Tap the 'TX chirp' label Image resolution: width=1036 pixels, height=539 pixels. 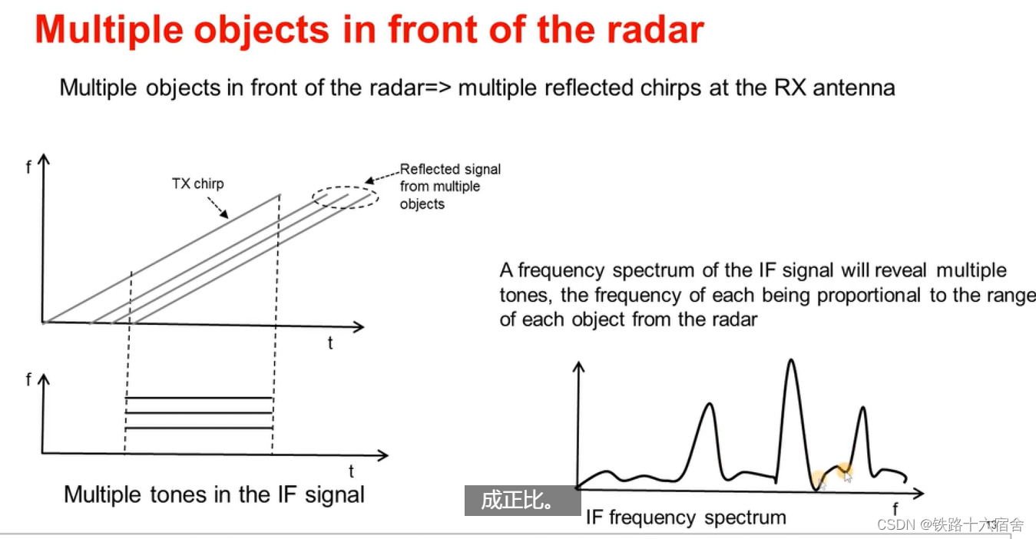pos(197,184)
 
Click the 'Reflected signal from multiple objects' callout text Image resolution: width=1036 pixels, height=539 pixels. pos(450,187)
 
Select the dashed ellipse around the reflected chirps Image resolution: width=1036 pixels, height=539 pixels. pos(346,197)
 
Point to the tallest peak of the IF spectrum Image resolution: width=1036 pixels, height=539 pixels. pos(791,362)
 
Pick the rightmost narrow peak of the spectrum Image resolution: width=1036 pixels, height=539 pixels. pos(863,409)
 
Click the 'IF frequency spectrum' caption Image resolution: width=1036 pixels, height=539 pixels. pos(686,518)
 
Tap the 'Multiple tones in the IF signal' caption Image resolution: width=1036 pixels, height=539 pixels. pos(214,494)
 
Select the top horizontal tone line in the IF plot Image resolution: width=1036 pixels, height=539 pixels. pos(199,398)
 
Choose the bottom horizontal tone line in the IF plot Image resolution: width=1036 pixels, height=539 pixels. pos(199,428)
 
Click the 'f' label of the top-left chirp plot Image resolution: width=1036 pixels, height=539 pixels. pos(29,166)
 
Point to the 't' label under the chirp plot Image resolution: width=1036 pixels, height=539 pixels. pos(330,343)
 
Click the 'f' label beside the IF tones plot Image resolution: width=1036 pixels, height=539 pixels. pos(29,379)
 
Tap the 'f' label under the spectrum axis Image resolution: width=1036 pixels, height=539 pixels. pos(895,508)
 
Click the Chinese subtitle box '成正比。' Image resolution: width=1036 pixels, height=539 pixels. pos(522,501)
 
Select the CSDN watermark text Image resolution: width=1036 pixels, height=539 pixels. pos(950,525)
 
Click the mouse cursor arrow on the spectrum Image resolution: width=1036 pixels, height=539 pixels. pos(847,476)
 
